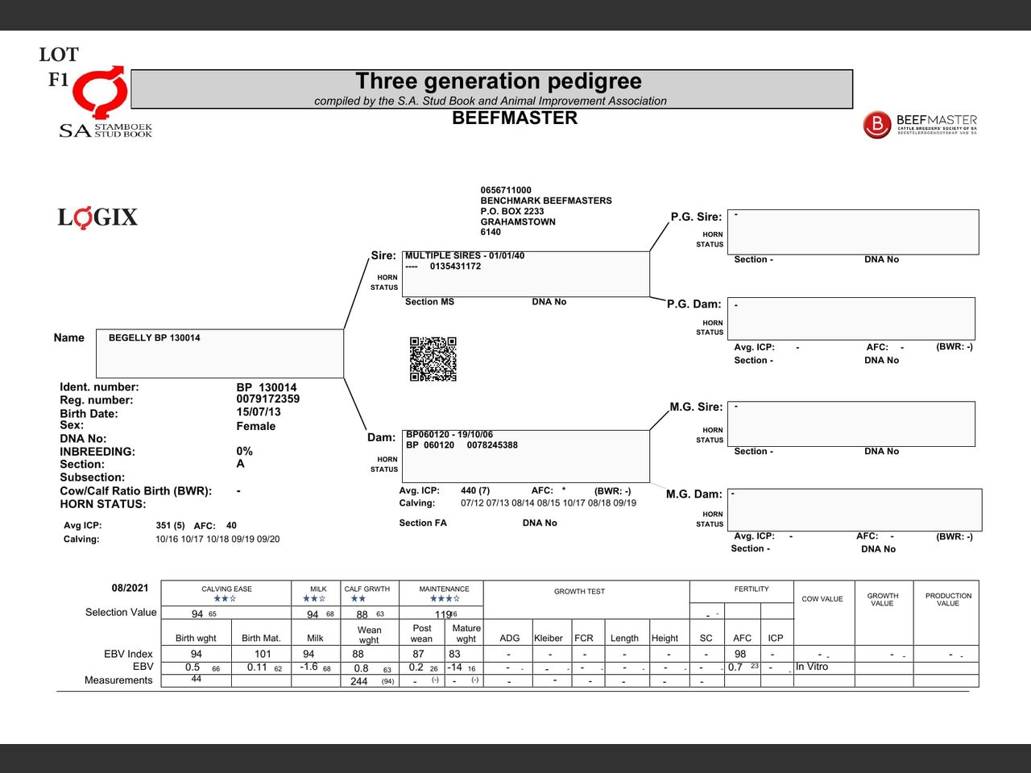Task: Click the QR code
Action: (433, 359)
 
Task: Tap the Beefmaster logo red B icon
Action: (877, 125)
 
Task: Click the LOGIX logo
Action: (97, 217)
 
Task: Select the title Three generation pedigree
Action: (499, 81)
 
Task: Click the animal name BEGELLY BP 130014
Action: (155, 338)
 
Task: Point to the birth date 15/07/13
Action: (259, 412)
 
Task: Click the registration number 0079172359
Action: (268, 399)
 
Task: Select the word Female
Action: (256, 427)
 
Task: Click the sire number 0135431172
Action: (455, 267)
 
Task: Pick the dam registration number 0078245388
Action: (492, 445)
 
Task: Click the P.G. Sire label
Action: (696, 217)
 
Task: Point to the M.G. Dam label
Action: (694, 494)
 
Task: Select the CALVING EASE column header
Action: (226, 589)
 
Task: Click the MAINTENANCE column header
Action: (444, 589)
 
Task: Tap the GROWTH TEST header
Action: (579, 592)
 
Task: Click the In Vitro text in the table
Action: (812, 668)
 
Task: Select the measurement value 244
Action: (359, 681)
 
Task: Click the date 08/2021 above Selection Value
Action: (130, 588)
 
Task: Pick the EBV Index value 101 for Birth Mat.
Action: (263, 655)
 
